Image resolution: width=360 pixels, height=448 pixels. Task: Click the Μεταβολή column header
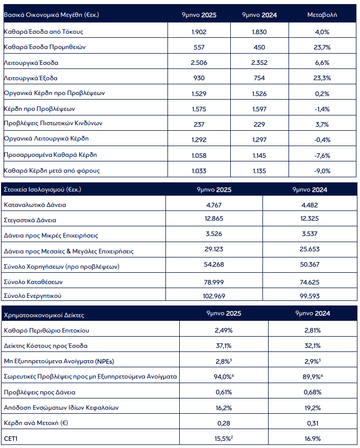click(x=322, y=15)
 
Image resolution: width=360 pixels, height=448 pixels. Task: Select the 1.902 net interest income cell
click(x=199, y=31)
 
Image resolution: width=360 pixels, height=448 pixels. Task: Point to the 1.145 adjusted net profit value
click(x=259, y=155)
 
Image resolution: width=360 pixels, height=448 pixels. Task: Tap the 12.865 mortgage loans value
click(x=214, y=220)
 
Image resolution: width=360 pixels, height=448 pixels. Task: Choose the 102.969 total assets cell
click(x=214, y=296)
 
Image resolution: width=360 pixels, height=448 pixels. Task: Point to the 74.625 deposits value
click(x=310, y=281)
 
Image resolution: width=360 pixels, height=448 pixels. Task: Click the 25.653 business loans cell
click(x=310, y=251)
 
